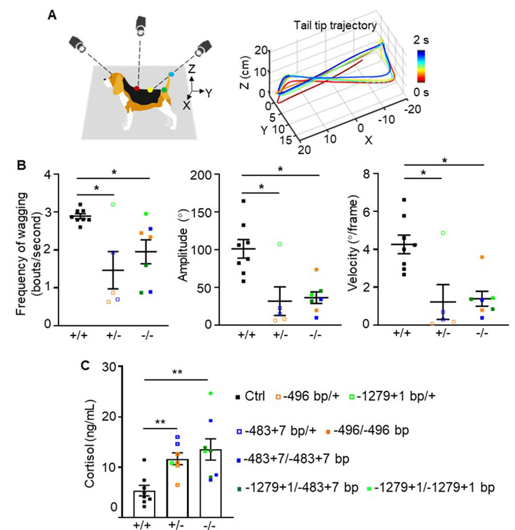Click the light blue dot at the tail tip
(x=171, y=75)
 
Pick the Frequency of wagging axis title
(x=29, y=249)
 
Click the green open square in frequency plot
(x=113, y=204)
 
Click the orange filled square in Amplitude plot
(x=315, y=270)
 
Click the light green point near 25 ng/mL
(x=210, y=393)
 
